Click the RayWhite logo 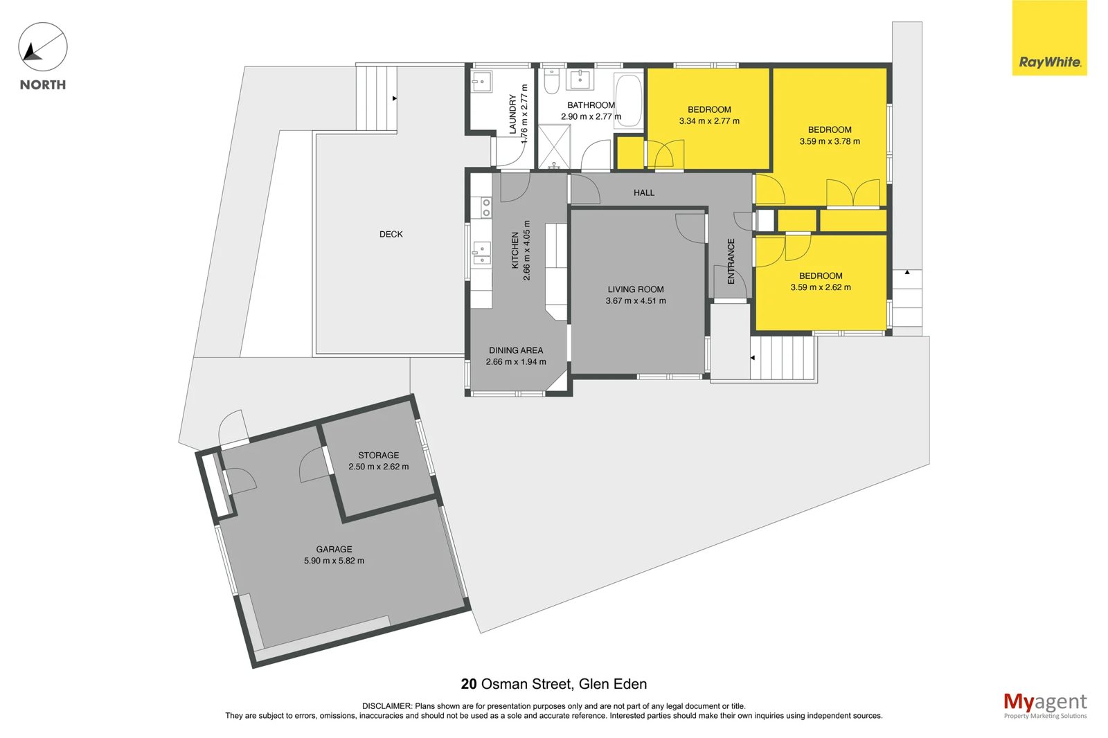1049,37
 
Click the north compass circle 43,47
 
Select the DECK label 391,235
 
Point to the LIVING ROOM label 636,289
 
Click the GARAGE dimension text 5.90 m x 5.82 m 334,561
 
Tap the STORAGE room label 378,455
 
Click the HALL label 644,193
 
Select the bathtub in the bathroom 629,102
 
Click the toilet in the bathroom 551,80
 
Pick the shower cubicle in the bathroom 554,147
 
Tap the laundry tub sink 481,81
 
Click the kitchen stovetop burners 486,207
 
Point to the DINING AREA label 516,350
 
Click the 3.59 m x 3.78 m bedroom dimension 830,141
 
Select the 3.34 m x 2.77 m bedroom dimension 709,121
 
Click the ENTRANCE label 731,261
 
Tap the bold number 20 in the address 468,684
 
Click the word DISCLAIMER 386,706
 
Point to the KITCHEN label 515,251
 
